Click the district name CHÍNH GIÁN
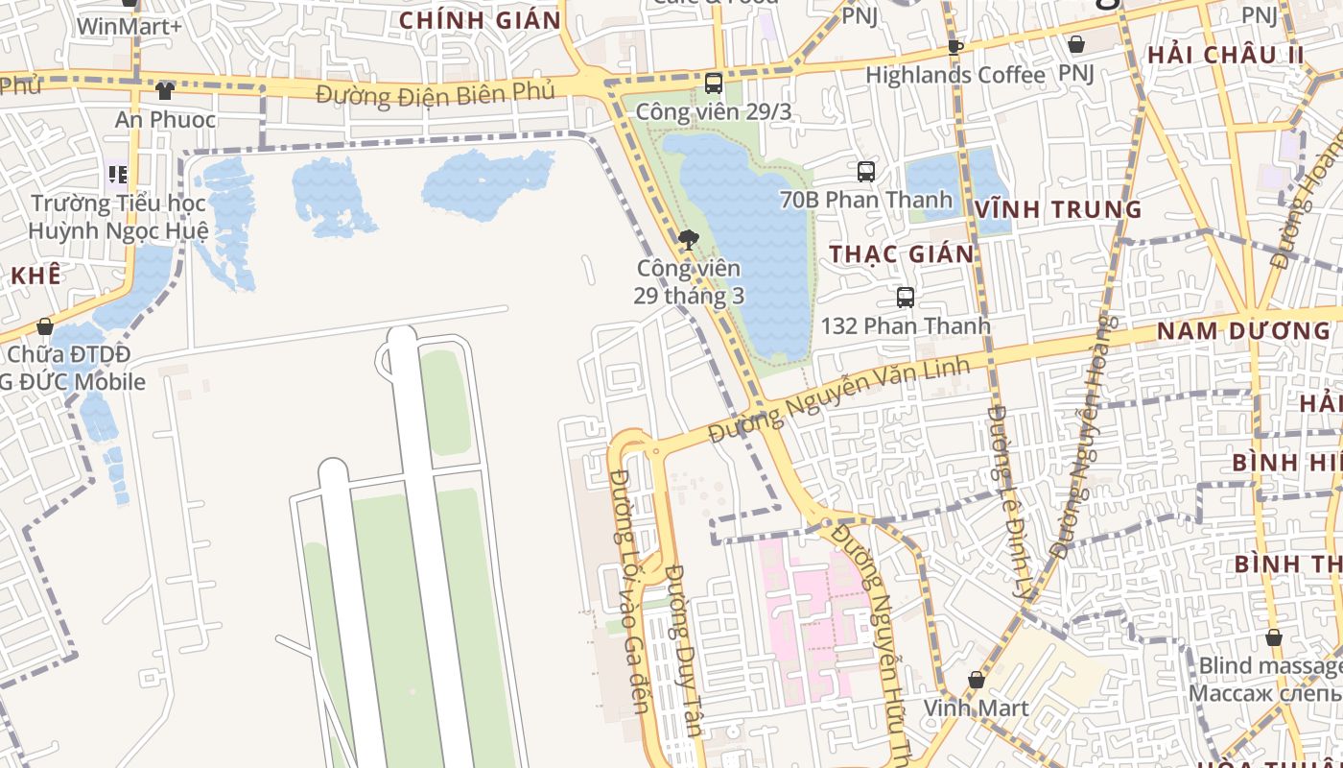[x=480, y=20]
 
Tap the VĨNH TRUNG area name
[x=1058, y=209]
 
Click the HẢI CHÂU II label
[x=1226, y=55]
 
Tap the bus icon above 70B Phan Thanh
[x=866, y=172]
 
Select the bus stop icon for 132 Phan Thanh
[x=905, y=298]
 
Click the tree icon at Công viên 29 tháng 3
[x=688, y=240]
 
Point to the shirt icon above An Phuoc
[x=165, y=91]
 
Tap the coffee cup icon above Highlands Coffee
[x=954, y=46]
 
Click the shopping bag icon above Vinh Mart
[x=976, y=680]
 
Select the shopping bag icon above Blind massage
[x=1274, y=637]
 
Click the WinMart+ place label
[x=129, y=26]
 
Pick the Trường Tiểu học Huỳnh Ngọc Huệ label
[x=118, y=217]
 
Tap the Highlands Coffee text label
[x=954, y=75]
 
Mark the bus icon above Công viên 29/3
[x=713, y=83]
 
